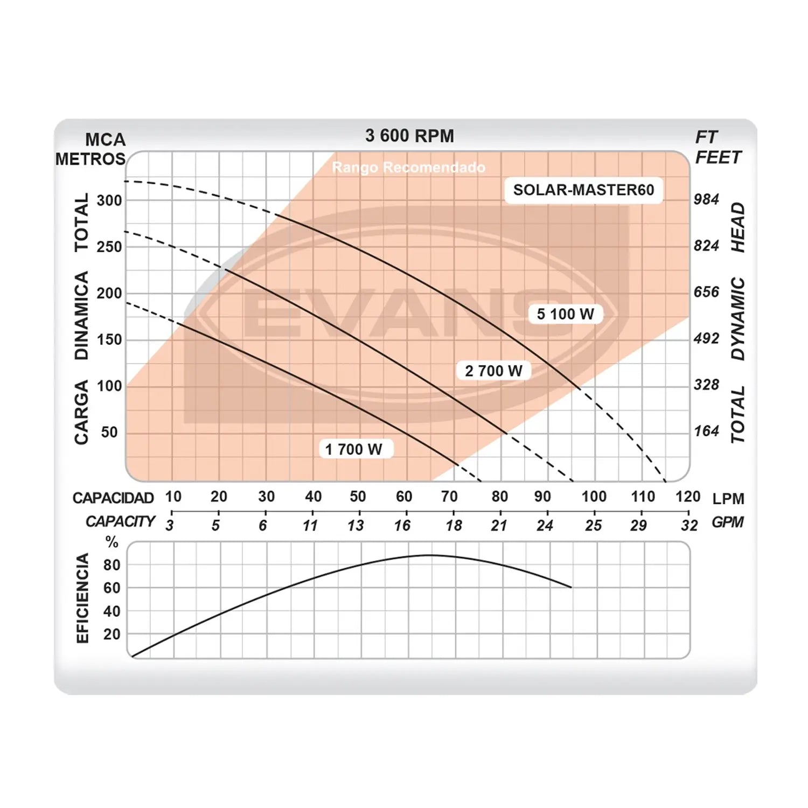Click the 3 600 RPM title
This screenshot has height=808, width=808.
click(x=409, y=136)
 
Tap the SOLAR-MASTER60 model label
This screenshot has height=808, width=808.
click(x=583, y=190)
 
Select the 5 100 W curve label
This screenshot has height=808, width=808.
click(x=565, y=314)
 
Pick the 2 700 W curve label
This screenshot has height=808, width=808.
click(x=493, y=371)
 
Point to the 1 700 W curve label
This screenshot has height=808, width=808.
click(x=353, y=449)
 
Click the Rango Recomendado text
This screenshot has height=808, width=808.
click(x=408, y=168)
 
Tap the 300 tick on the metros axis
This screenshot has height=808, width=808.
click(x=109, y=200)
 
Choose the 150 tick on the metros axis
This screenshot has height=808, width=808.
click(x=109, y=339)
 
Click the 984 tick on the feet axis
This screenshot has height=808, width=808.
click(x=706, y=199)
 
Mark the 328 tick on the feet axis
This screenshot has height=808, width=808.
click(x=706, y=385)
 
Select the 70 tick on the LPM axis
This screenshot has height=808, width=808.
click(x=449, y=496)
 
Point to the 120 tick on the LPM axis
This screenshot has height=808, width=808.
click(x=688, y=496)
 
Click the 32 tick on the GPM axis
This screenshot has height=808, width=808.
click(x=689, y=525)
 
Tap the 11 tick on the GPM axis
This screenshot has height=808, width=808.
click(x=310, y=525)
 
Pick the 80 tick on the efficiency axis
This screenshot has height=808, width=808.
click(x=112, y=565)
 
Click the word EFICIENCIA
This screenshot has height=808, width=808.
click(x=82, y=598)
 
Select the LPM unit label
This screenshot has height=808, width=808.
click(x=728, y=499)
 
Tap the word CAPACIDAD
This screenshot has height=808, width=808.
click(x=113, y=498)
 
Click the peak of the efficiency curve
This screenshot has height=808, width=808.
click(x=429, y=555)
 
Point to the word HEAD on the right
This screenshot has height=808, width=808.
click(x=738, y=227)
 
